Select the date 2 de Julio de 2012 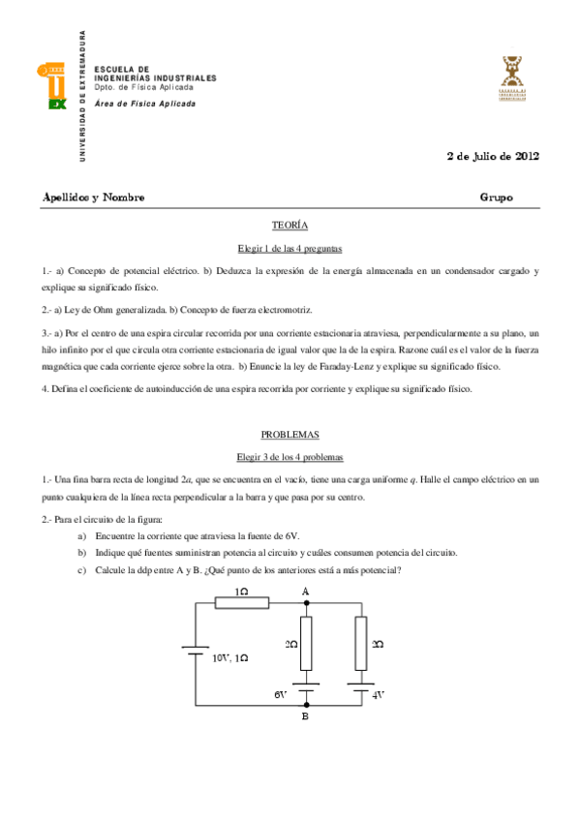pyautogui.click(x=492, y=155)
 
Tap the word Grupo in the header pyautogui.click(x=496, y=198)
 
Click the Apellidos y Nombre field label pyautogui.click(x=94, y=198)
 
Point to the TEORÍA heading pyautogui.click(x=290, y=225)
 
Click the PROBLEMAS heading pyautogui.click(x=290, y=435)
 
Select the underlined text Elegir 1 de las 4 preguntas pyautogui.click(x=290, y=248)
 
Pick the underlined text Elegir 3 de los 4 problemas pyautogui.click(x=290, y=456)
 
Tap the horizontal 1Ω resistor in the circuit pyautogui.click(x=241, y=603)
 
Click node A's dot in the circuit pyautogui.click(x=306, y=603)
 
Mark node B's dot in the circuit pyautogui.click(x=306, y=706)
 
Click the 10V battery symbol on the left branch pyautogui.click(x=197, y=654)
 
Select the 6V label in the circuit pyautogui.click(x=281, y=694)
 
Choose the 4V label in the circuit pyautogui.click(x=380, y=694)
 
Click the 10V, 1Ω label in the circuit pyautogui.click(x=229, y=657)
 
